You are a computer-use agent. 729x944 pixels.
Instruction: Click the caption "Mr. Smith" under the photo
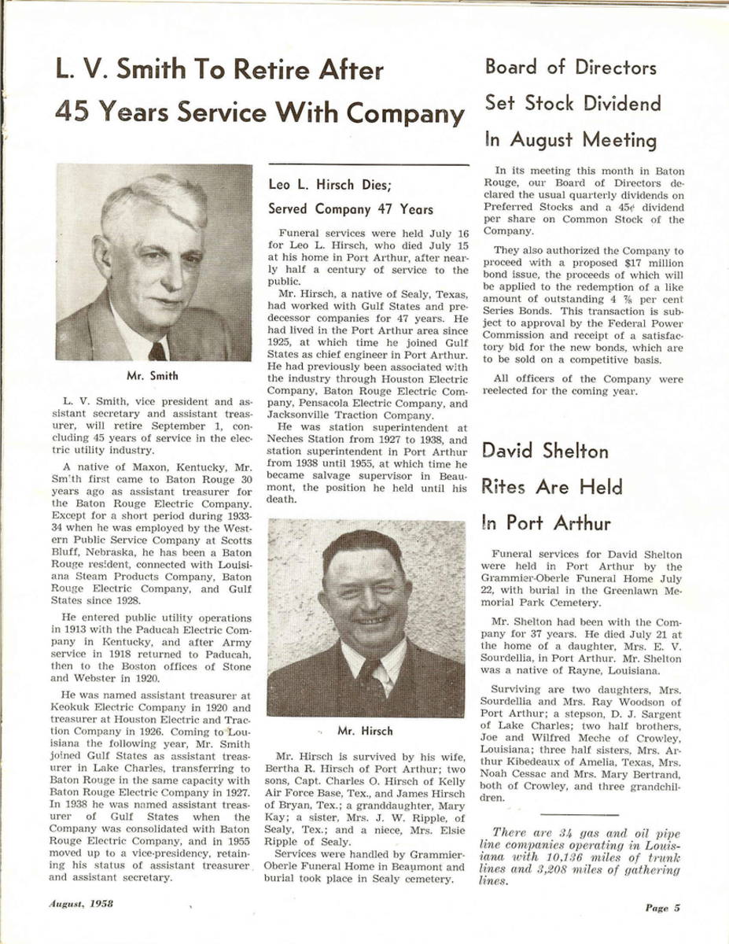pyautogui.click(x=154, y=376)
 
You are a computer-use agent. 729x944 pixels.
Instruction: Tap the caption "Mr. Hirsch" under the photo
pyautogui.click(x=365, y=731)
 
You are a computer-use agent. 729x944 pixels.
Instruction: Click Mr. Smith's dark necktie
pyautogui.click(x=157, y=351)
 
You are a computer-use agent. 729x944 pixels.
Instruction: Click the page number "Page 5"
pyautogui.click(x=662, y=908)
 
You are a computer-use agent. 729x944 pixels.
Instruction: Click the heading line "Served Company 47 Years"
pyautogui.click(x=351, y=210)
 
